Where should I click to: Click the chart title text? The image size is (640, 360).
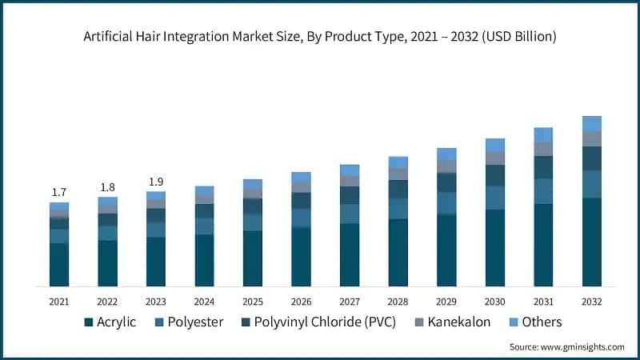320,37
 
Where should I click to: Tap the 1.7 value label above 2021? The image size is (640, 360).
58,193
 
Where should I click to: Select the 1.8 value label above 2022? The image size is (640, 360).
107,187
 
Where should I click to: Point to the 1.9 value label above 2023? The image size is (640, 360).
155,182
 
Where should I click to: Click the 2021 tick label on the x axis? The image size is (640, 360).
58,302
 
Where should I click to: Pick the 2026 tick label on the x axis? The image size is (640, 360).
301,302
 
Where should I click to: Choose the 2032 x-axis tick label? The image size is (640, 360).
592,302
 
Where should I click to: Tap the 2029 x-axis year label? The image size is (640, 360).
446,302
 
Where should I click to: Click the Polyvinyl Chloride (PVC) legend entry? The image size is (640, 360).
320,322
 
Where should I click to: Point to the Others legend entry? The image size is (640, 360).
534,322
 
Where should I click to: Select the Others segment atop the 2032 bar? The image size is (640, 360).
592,123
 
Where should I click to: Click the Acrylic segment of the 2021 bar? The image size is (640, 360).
58,264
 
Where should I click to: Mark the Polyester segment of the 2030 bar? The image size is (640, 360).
495,198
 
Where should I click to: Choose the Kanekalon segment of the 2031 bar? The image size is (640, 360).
543,149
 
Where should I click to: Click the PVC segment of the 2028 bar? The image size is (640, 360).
398,189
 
